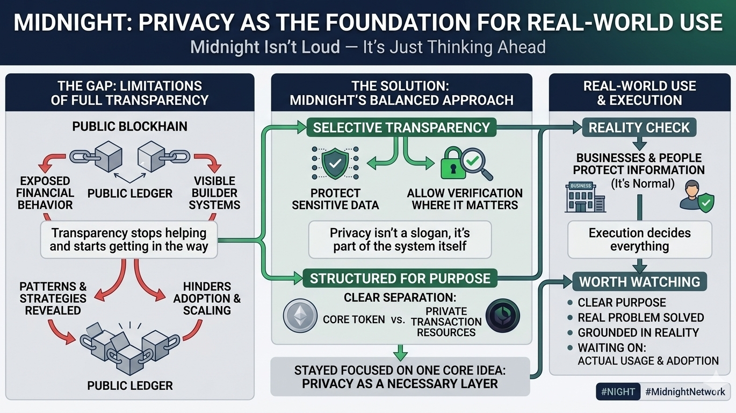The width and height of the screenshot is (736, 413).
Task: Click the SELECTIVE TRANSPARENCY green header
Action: [x=401, y=127]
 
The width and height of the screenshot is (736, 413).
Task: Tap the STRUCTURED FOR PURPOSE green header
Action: [x=400, y=278]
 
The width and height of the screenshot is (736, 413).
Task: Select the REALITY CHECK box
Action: [x=639, y=127]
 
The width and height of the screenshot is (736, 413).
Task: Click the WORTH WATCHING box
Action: [x=639, y=281]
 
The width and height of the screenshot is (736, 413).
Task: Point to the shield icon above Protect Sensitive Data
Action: [x=335, y=163]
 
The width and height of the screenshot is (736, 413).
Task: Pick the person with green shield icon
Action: [x=696, y=196]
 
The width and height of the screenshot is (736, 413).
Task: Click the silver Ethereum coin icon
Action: [x=300, y=316]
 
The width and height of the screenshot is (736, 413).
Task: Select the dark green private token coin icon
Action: [x=502, y=316]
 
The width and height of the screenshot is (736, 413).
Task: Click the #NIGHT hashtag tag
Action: [x=618, y=391]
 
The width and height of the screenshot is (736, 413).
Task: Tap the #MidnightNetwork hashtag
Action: [x=686, y=391]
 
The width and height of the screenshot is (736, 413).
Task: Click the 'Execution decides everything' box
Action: [x=639, y=240]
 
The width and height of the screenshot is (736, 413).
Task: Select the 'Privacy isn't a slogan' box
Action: [x=400, y=240]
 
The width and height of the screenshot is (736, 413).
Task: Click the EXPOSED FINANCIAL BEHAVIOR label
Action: [x=45, y=193]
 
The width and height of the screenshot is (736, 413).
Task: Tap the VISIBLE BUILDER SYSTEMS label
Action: [x=214, y=193]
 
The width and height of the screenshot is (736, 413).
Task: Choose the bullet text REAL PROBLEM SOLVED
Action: [x=640, y=317]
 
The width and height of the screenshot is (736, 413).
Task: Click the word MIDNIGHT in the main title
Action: [x=67, y=22]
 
